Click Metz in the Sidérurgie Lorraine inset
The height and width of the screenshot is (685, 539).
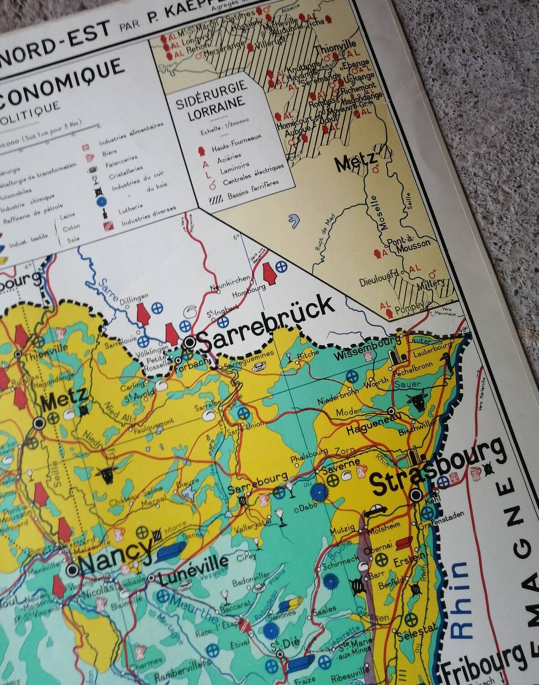[x=356, y=162]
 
